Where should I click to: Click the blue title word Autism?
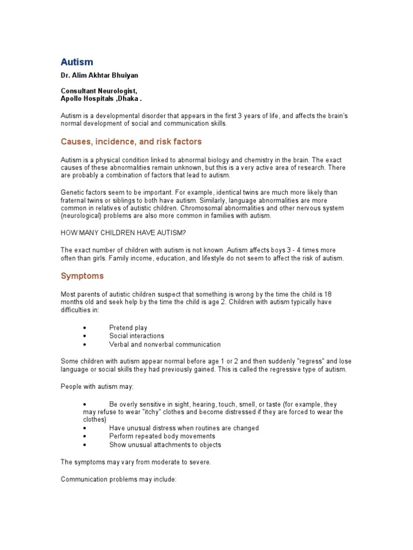coord(76,62)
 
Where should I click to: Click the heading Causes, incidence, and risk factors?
coord(131,142)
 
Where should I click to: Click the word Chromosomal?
coord(204,208)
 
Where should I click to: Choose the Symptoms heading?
coord(82,276)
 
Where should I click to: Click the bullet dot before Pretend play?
coord(86,328)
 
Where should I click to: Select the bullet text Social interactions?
coord(137,336)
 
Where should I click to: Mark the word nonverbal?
coord(163,344)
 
